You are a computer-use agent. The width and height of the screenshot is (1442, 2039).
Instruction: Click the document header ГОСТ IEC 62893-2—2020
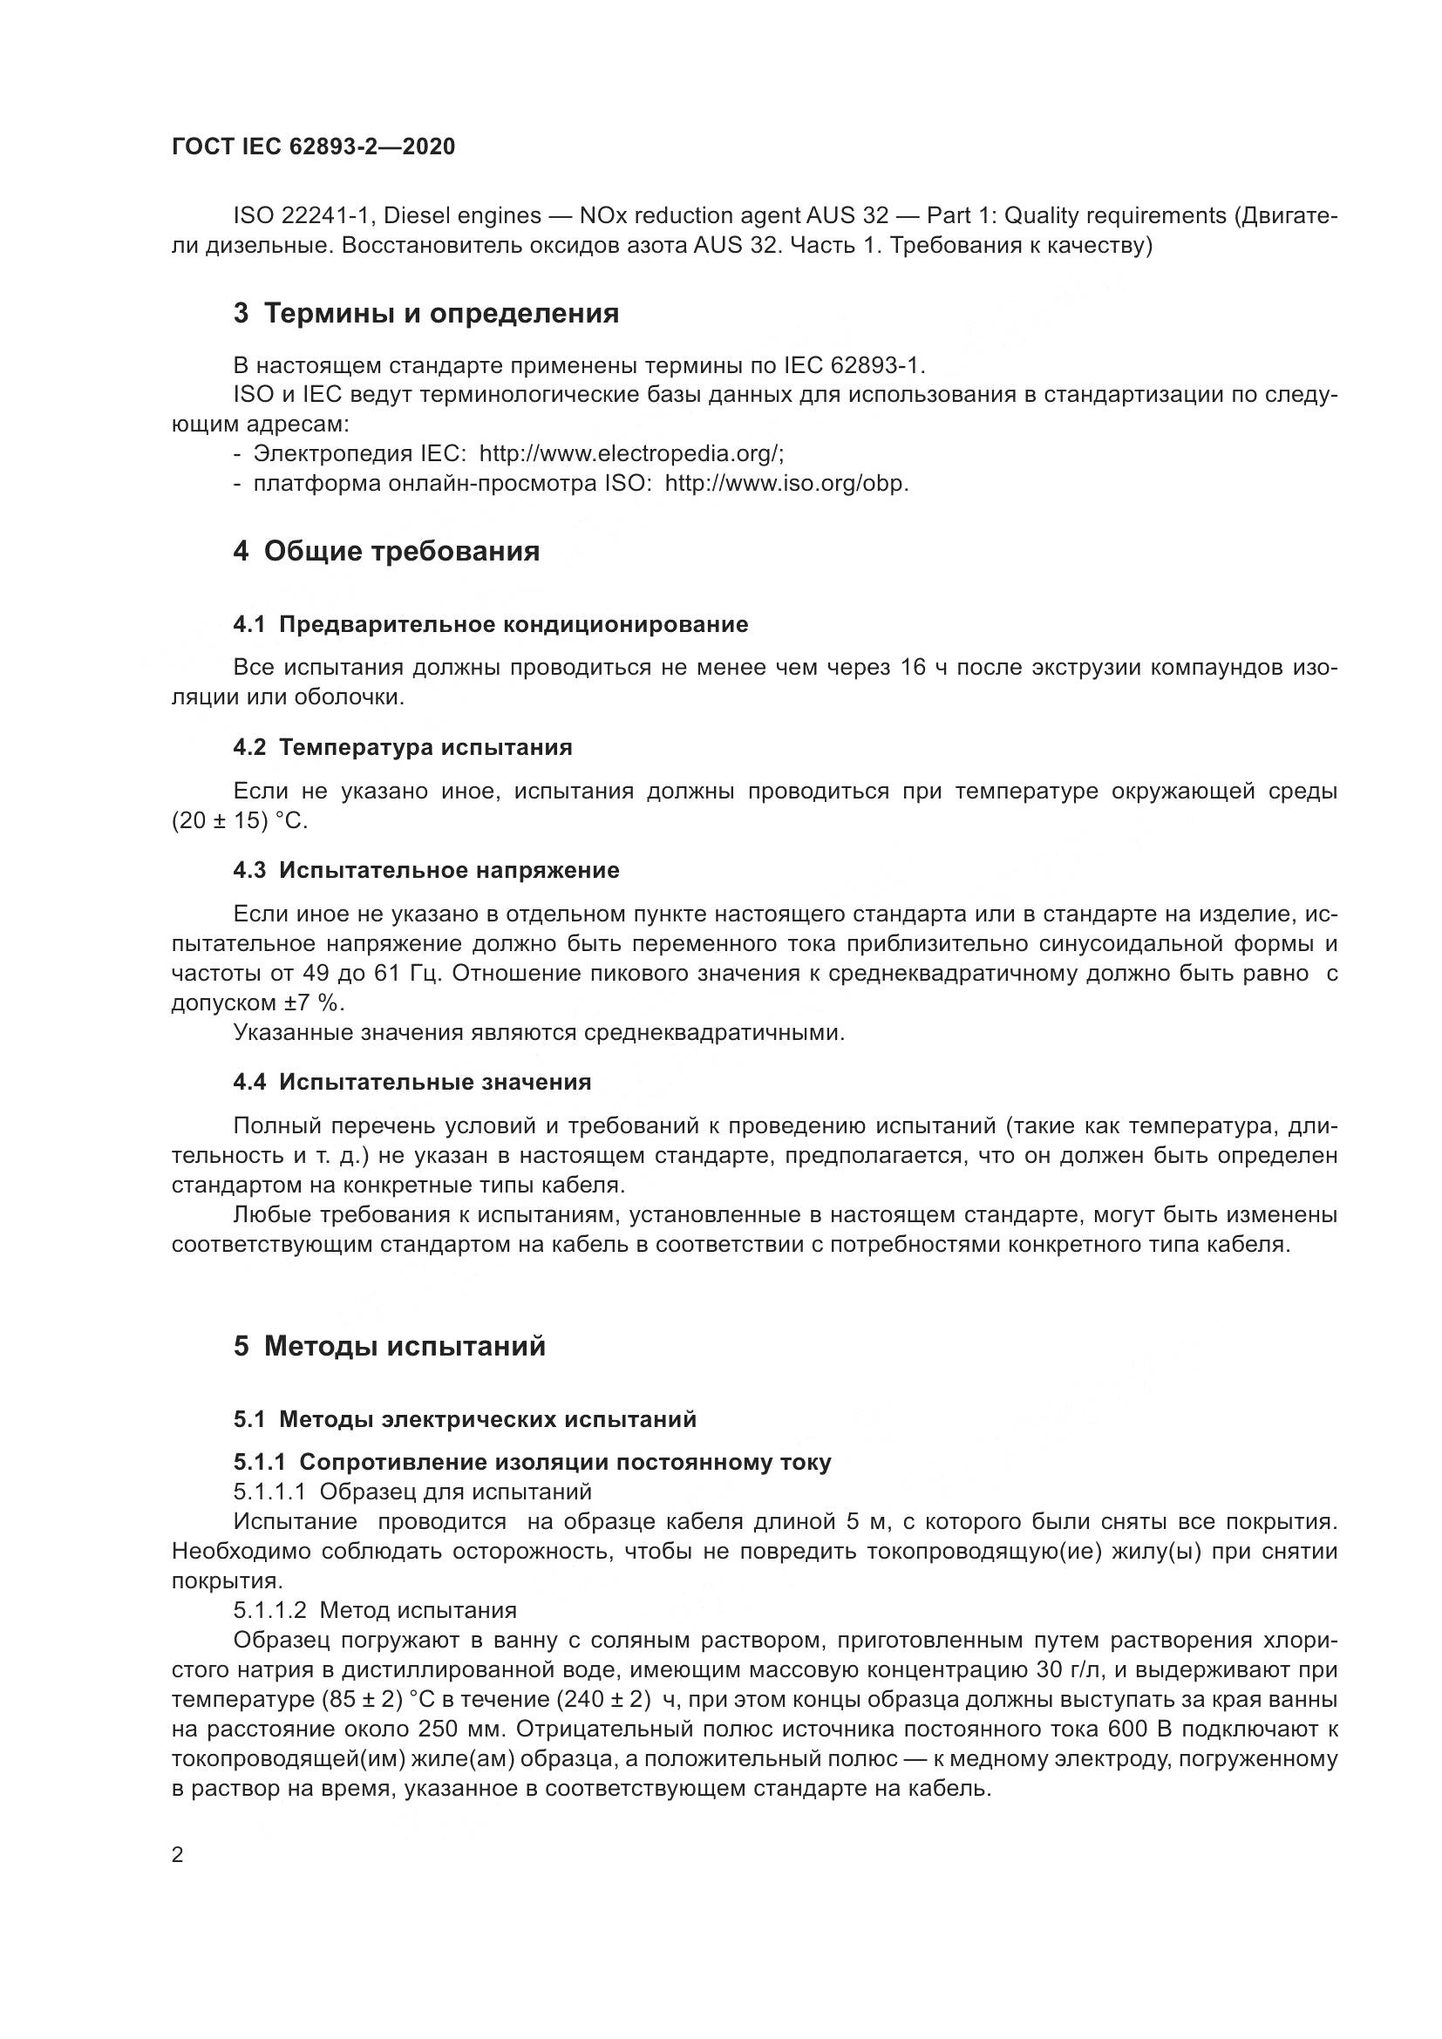tap(313, 146)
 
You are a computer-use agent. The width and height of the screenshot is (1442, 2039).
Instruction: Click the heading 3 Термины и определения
tap(426, 314)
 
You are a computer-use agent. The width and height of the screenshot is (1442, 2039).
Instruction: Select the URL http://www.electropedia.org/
tap(631, 454)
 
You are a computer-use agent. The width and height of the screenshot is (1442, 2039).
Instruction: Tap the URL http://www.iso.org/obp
tap(786, 484)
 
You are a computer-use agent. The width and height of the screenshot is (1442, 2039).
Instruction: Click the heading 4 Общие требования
tap(386, 552)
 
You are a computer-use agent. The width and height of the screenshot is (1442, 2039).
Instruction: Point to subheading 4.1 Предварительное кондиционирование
tap(490, 624)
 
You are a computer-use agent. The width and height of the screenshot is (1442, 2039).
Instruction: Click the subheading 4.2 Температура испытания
tap(402, 747)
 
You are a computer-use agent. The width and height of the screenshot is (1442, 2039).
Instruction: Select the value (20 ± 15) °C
tap(239, 820)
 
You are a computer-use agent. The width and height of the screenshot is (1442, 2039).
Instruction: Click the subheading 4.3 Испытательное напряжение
tap(426, 870)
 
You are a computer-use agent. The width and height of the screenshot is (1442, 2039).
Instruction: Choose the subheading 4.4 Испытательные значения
tap(412, 1082)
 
